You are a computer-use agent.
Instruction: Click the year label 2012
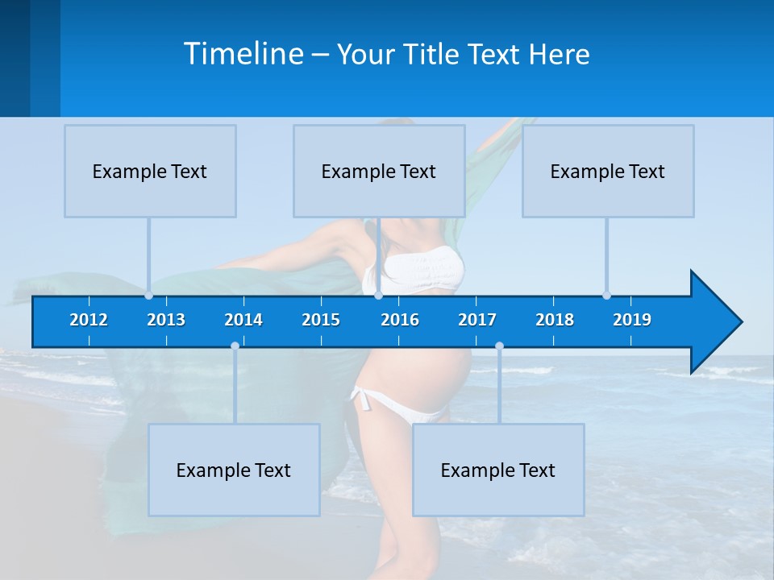pos(89,320)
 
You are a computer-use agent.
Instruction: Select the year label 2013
pos(166,320)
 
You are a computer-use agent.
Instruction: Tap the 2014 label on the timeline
pos(243,320)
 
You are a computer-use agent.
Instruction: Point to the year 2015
pos(321,320)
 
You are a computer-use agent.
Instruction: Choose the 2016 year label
pos(400,320)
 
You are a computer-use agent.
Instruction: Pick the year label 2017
pos(477,320)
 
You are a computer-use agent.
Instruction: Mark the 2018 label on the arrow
pos(555,320)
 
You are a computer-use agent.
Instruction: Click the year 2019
pos(632,320)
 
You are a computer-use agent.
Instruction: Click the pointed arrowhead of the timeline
pos(718,321)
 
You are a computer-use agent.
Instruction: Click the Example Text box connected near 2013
pos(150,171)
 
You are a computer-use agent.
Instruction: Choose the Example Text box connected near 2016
pos(379,171)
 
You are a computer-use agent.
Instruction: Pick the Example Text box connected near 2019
pos(608,171)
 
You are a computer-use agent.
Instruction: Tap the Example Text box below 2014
pos(234,470)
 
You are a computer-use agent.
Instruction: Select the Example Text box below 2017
pos(498,470)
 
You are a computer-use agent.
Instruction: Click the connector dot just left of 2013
pos(149,295)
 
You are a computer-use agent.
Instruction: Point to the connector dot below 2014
pos(235,346)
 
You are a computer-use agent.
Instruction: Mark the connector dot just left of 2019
pos(606,295)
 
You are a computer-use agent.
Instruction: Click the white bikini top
pos(422,270)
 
